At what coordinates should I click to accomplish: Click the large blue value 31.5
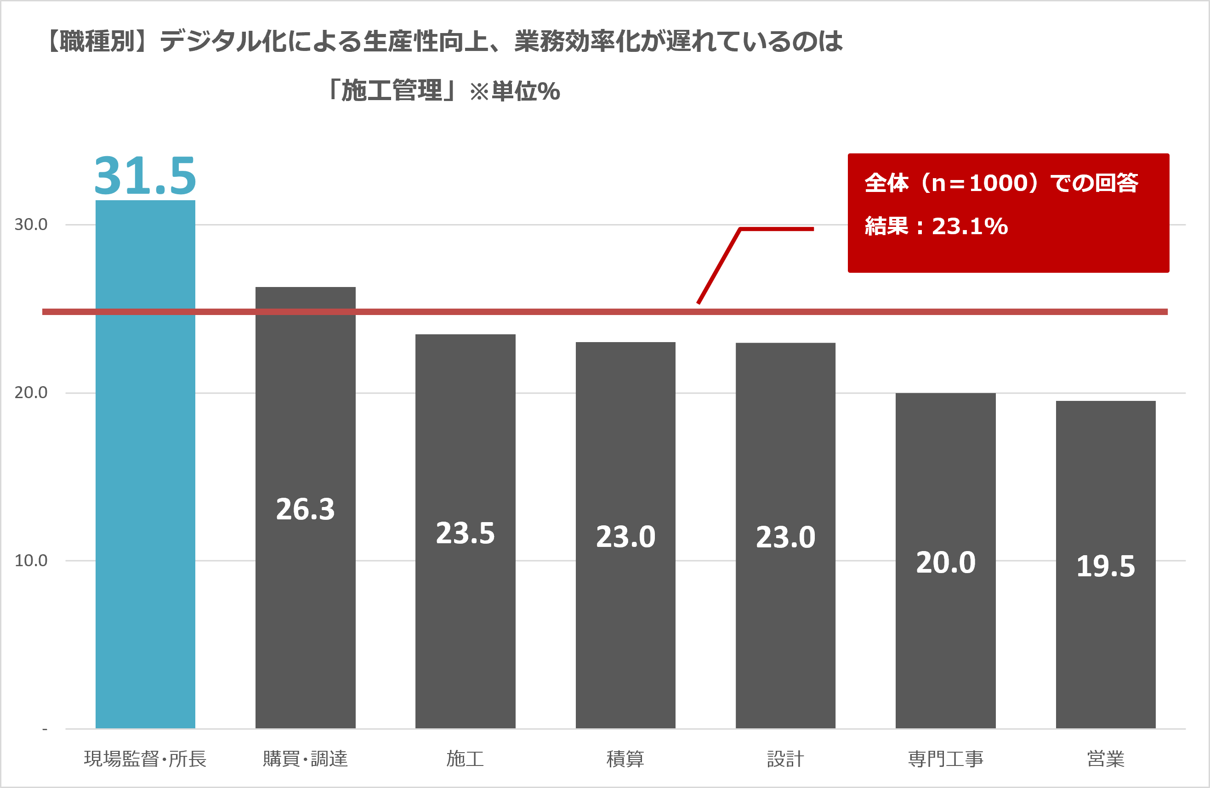pyautogui.click(x=145, y=176)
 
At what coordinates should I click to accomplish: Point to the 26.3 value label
pyautogui.click(x=305, y=509)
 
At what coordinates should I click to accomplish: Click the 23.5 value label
pyautogui.click(x=465, y=534)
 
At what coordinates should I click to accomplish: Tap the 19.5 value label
pyautogui.click(x=1105, y=566)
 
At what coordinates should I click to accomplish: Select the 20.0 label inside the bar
pyautogui.click(x=946, y=563)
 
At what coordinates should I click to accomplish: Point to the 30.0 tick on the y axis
pyautogui.click(x=31, y=225)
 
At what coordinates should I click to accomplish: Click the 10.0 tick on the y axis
pyautogui.click(x=31, y=561)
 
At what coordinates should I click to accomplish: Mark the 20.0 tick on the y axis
pyautogui.click(x=31, y=393)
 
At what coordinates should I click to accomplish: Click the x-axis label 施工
pyautogui.click(x=465, y=759)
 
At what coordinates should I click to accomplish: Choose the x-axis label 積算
pyautogui.click(x=625, y=759)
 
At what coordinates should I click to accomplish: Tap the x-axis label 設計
pyautogui.click(x=785, y=759)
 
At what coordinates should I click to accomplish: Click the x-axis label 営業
pyautogui.click(x=1105, y=759)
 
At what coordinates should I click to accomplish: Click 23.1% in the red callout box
pyautogui.click(x=970, y=226)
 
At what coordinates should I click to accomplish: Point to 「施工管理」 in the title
pyautogui.click(x=392, y=91)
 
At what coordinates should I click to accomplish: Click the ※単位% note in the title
pyautogui.click(x=515, y=92)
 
